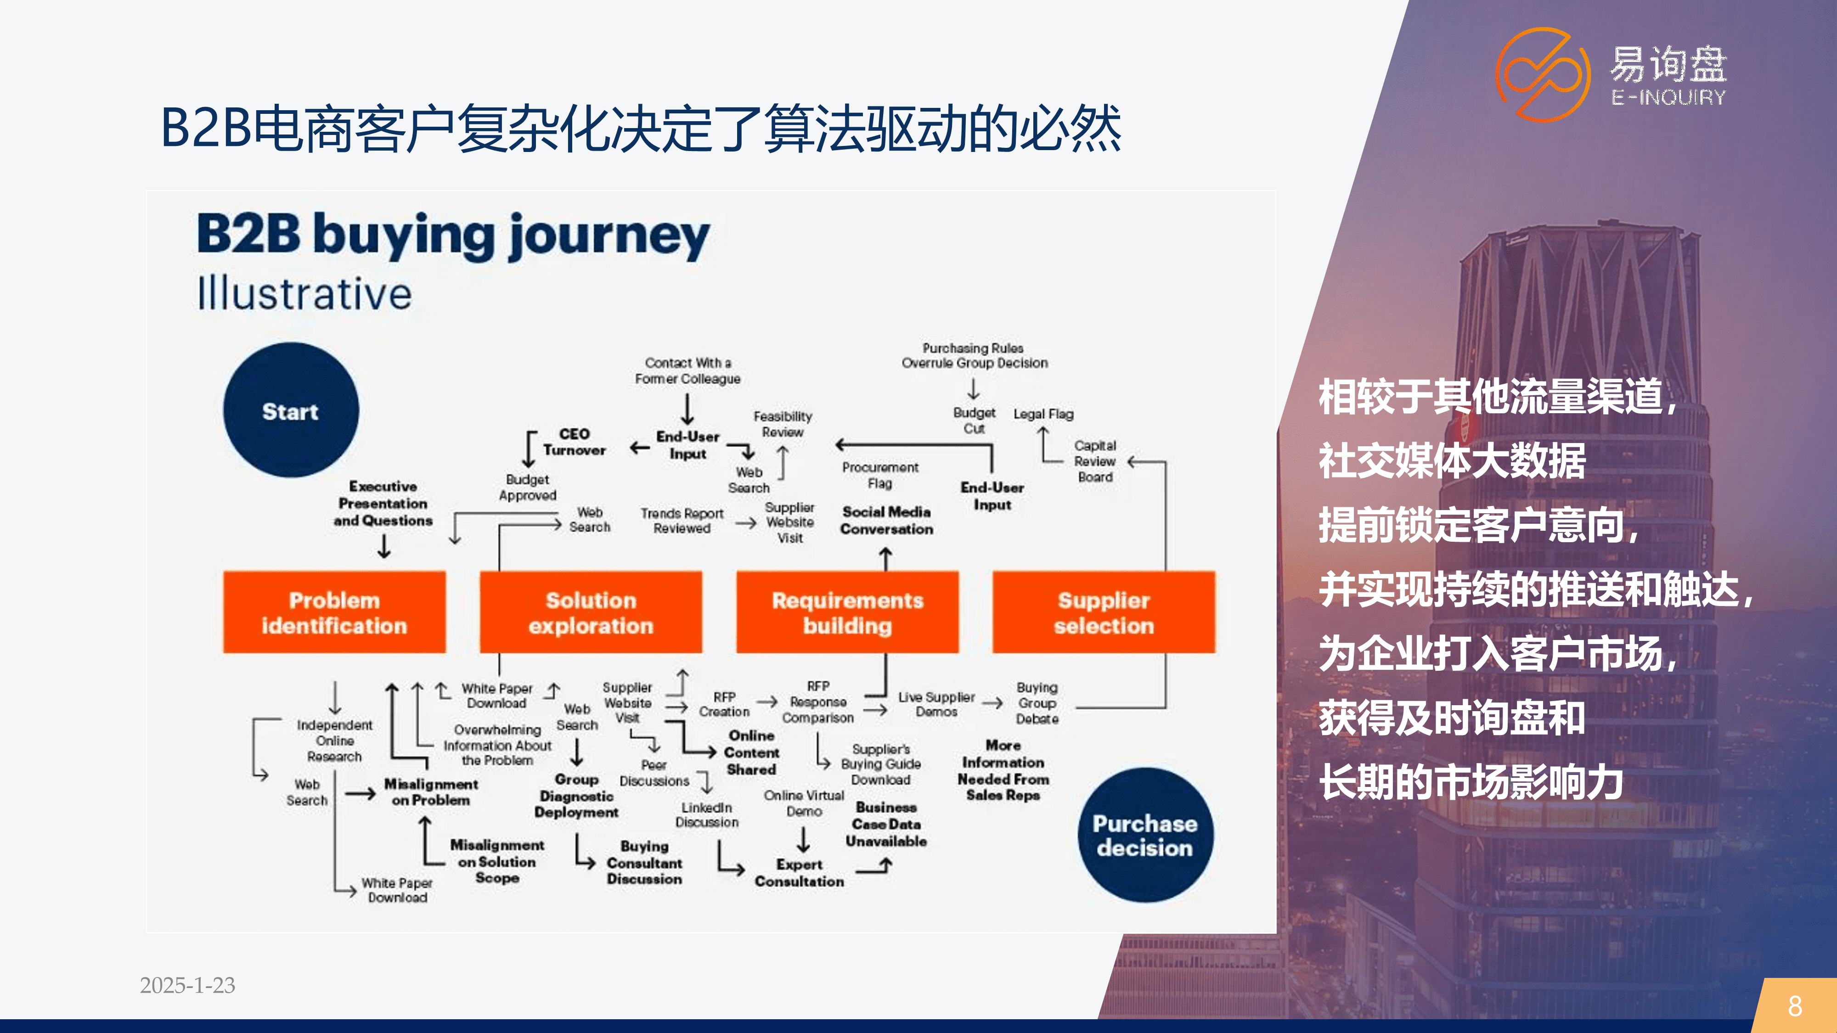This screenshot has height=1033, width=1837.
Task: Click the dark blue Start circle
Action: [x=291, y=410]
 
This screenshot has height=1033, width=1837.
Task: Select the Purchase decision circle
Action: [x=1145, y=835]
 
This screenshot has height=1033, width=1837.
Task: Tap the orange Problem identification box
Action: [x=334, y=612]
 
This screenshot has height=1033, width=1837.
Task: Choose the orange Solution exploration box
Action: [x=591, y=612]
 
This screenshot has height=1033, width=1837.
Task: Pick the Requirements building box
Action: [x=848, y=612]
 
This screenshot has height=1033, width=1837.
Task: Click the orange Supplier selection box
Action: [x=1104, y=612]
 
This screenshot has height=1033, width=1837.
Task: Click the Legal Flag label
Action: [x=1043, y=414]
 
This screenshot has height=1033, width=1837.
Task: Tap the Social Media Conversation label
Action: [x=886, y=521]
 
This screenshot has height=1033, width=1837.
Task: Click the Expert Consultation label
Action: [x=800, y=873]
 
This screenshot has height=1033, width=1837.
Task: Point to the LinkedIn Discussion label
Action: [x=707, y=815]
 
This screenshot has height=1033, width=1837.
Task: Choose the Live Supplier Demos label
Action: [x=936, y=704]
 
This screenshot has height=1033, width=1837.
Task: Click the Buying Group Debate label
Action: [x=1037, y=703]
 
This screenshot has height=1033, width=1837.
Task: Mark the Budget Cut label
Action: [x=974, y=421]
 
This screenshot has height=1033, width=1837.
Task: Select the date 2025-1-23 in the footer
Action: [x=187, y=985]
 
